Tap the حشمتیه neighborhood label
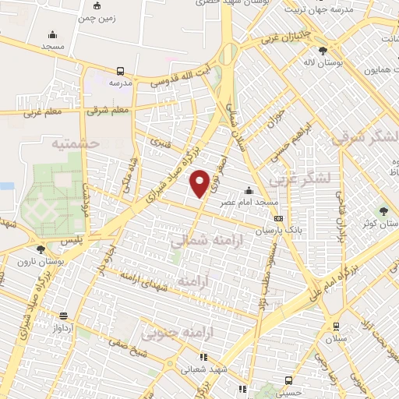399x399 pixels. tap(74, 143)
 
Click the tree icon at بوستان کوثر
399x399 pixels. tap(383, 211)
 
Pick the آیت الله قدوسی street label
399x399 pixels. tap(179, 76)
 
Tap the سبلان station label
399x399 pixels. tap(336, 340)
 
